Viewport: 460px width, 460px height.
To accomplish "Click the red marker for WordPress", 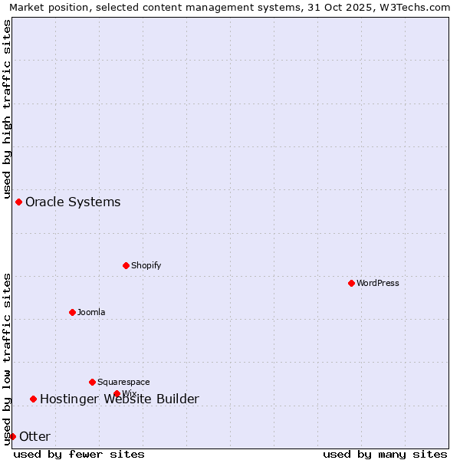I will (x=351, y=283).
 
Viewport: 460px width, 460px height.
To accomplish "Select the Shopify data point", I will (x=126, y=265).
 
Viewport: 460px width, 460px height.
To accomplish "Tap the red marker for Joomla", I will (x=72, y=312).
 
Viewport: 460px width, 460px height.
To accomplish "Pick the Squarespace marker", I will (x=92, y=382).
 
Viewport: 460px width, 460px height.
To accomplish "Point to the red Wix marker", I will (x=117, y=393).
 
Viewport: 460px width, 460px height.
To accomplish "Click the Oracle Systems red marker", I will (x=18, y=202).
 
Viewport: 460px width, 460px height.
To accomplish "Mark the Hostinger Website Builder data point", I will (x=33, y=399).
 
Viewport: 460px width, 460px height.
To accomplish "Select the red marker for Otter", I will (x=12, y=436).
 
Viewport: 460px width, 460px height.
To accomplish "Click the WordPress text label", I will (x=378, y=283).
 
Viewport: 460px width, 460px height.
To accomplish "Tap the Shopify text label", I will (x=146, y=265).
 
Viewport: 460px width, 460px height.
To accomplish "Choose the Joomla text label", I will (x=91, y=312).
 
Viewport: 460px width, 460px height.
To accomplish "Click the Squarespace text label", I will (x=123, y=382).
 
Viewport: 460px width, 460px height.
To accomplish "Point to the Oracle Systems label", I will (x=73, y=202).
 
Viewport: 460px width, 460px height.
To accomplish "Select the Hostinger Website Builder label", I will (x=119, y=399).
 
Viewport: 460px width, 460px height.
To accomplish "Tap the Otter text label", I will (x=34, y=436).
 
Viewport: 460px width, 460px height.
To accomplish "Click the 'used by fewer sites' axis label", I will (x=79, y=454).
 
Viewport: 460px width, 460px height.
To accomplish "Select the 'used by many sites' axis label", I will (x=385, y=454).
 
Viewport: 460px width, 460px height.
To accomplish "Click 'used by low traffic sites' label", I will (x=7, y=359).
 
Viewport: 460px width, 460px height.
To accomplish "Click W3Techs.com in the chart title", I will (x=417, y=7).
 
